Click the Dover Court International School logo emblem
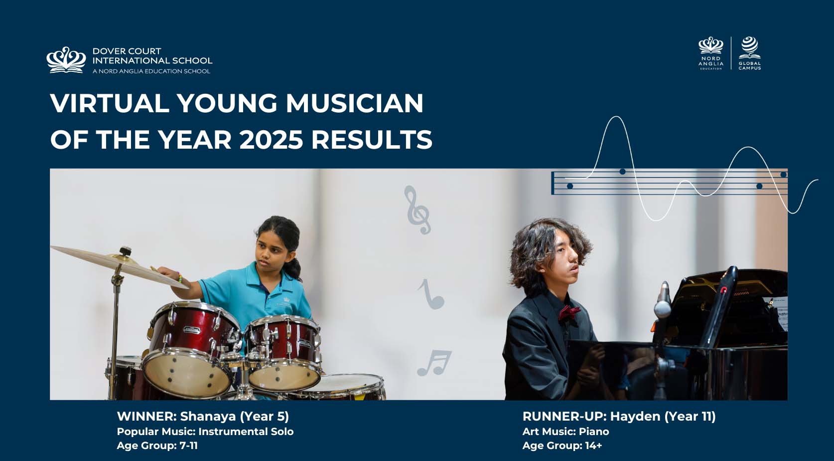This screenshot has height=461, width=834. (66, 60)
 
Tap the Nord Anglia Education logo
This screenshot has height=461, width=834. (711, 53)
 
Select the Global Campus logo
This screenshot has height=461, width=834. (749, 53)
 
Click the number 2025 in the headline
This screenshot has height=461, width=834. (272, 139)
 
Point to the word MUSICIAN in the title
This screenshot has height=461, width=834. (354, 103)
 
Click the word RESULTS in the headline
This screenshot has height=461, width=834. (372, 139)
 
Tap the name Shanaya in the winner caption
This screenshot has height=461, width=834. (208, 416)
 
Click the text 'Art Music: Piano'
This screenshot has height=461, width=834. (565, 432)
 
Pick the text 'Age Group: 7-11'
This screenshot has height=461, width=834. (157, 446)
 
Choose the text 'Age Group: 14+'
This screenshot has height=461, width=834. (562, 446)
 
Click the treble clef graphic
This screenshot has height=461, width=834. (417, 210)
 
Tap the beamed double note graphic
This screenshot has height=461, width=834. (434, 363)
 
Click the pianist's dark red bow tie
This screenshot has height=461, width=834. (569, 312)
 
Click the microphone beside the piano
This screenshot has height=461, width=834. (663, 299)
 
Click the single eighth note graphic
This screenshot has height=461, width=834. (430, 294)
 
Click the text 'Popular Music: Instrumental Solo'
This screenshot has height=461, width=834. (205, 432)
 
